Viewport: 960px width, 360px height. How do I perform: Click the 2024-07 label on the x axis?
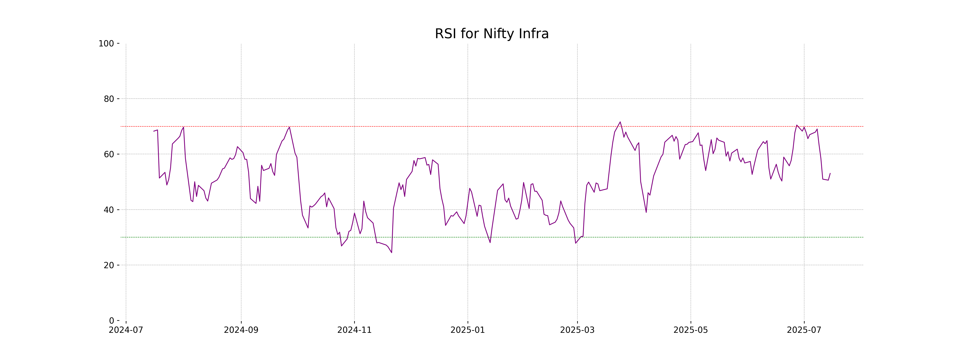pyautogui.click(x=126, y=330)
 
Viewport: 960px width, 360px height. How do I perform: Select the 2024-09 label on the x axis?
pyautogui.click(x=241, y=330)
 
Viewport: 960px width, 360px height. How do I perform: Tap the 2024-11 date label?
pyautogui.click(x=354, y=330)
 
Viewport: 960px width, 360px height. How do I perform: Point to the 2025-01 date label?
pyautogui.click(x=468, y=330)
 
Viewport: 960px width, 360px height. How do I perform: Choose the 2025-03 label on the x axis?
pyautogui.click(x=577, y=330)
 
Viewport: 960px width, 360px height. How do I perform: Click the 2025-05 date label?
pyautogui.click(x=691, y=330)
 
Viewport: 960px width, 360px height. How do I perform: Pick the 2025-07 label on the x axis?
pyautogui.click(x=804, y=330)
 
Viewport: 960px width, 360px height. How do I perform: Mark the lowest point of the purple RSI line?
pyautogui.click(x=392, y=253)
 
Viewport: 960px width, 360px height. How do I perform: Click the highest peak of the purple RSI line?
pyautogui.click(x=620, y=122)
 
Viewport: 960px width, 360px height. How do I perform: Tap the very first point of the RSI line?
pyautogui.click(x=154, y=131)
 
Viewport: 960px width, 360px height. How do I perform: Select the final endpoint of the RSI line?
pyautogui.click(x=830, y=173)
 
